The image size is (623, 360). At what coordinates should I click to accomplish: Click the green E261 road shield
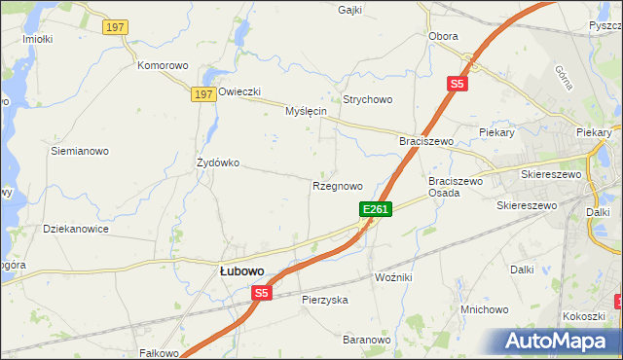click(376, 209)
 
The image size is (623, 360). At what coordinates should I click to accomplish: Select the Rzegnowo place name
click(338, 185)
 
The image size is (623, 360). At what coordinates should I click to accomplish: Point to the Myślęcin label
click(305, 111)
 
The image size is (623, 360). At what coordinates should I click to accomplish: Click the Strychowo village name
click(367, 99)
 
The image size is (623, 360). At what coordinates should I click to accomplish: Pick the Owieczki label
click(239, 91)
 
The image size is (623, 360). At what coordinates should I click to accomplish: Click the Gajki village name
click(349, 10)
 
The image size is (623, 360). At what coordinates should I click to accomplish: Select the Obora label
click(443, 36)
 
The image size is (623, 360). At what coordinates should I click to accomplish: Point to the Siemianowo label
click(80, 151)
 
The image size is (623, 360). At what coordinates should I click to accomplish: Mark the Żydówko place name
click(218, 162)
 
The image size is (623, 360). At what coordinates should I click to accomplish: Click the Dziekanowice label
click(76, 229)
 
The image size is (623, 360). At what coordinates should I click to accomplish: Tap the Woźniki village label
click(393, 277)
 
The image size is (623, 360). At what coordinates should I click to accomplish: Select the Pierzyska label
click(324, 300)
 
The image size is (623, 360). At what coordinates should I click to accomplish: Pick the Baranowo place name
click(366, 340)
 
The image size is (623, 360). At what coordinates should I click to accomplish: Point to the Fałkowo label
click(162, 353)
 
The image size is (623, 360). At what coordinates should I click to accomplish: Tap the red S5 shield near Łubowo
click(261, 292)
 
